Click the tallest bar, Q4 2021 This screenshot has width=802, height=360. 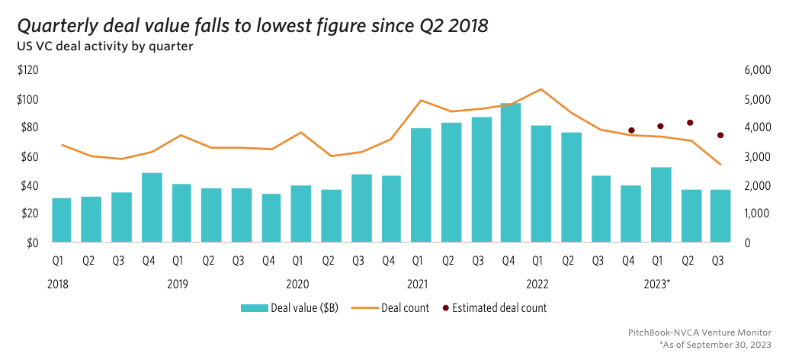click(511, 173)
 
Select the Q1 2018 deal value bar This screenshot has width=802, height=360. click(62, 220)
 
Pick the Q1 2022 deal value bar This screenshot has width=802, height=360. click(541, 184)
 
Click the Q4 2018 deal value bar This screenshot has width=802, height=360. click(152, 208)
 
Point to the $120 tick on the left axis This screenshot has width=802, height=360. click(28, 70)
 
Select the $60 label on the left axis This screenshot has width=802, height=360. click(28, 157)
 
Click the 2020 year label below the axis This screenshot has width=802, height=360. click(297, 284)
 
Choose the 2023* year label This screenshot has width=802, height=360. click(656, 284)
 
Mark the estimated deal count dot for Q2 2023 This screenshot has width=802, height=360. click(690, 123)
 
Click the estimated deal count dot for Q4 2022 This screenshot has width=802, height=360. click(630, 130)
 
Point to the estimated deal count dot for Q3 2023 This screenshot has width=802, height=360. click(720, 136)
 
